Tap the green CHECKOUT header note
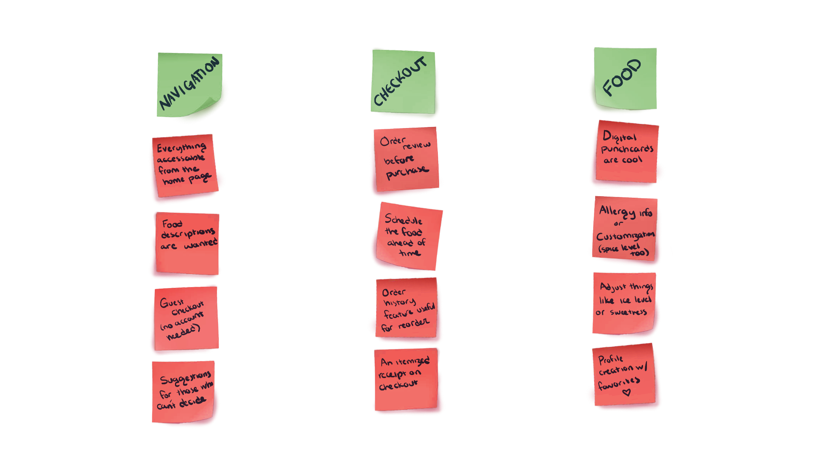(x=403, y=82)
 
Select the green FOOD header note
(x=625, y=77)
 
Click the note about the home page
(x=185, y=165)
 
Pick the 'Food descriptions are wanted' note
(x=187, y=243)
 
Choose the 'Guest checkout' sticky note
(x=185, y=318)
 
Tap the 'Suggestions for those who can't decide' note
(x=183, y=392)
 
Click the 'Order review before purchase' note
(x=406, y=159)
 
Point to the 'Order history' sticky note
(x=406, y=307)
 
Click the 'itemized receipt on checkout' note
(x=405, y=379)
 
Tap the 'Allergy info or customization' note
(x=625, y=228)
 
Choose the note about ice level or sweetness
(x=624, y=303)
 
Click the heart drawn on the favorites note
(x=626, y=392)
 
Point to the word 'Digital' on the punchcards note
(x=619, y=137)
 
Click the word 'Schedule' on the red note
(x=403, y=220)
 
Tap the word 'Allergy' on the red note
(x=617, y=211)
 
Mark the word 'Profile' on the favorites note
(x=611, y=359)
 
